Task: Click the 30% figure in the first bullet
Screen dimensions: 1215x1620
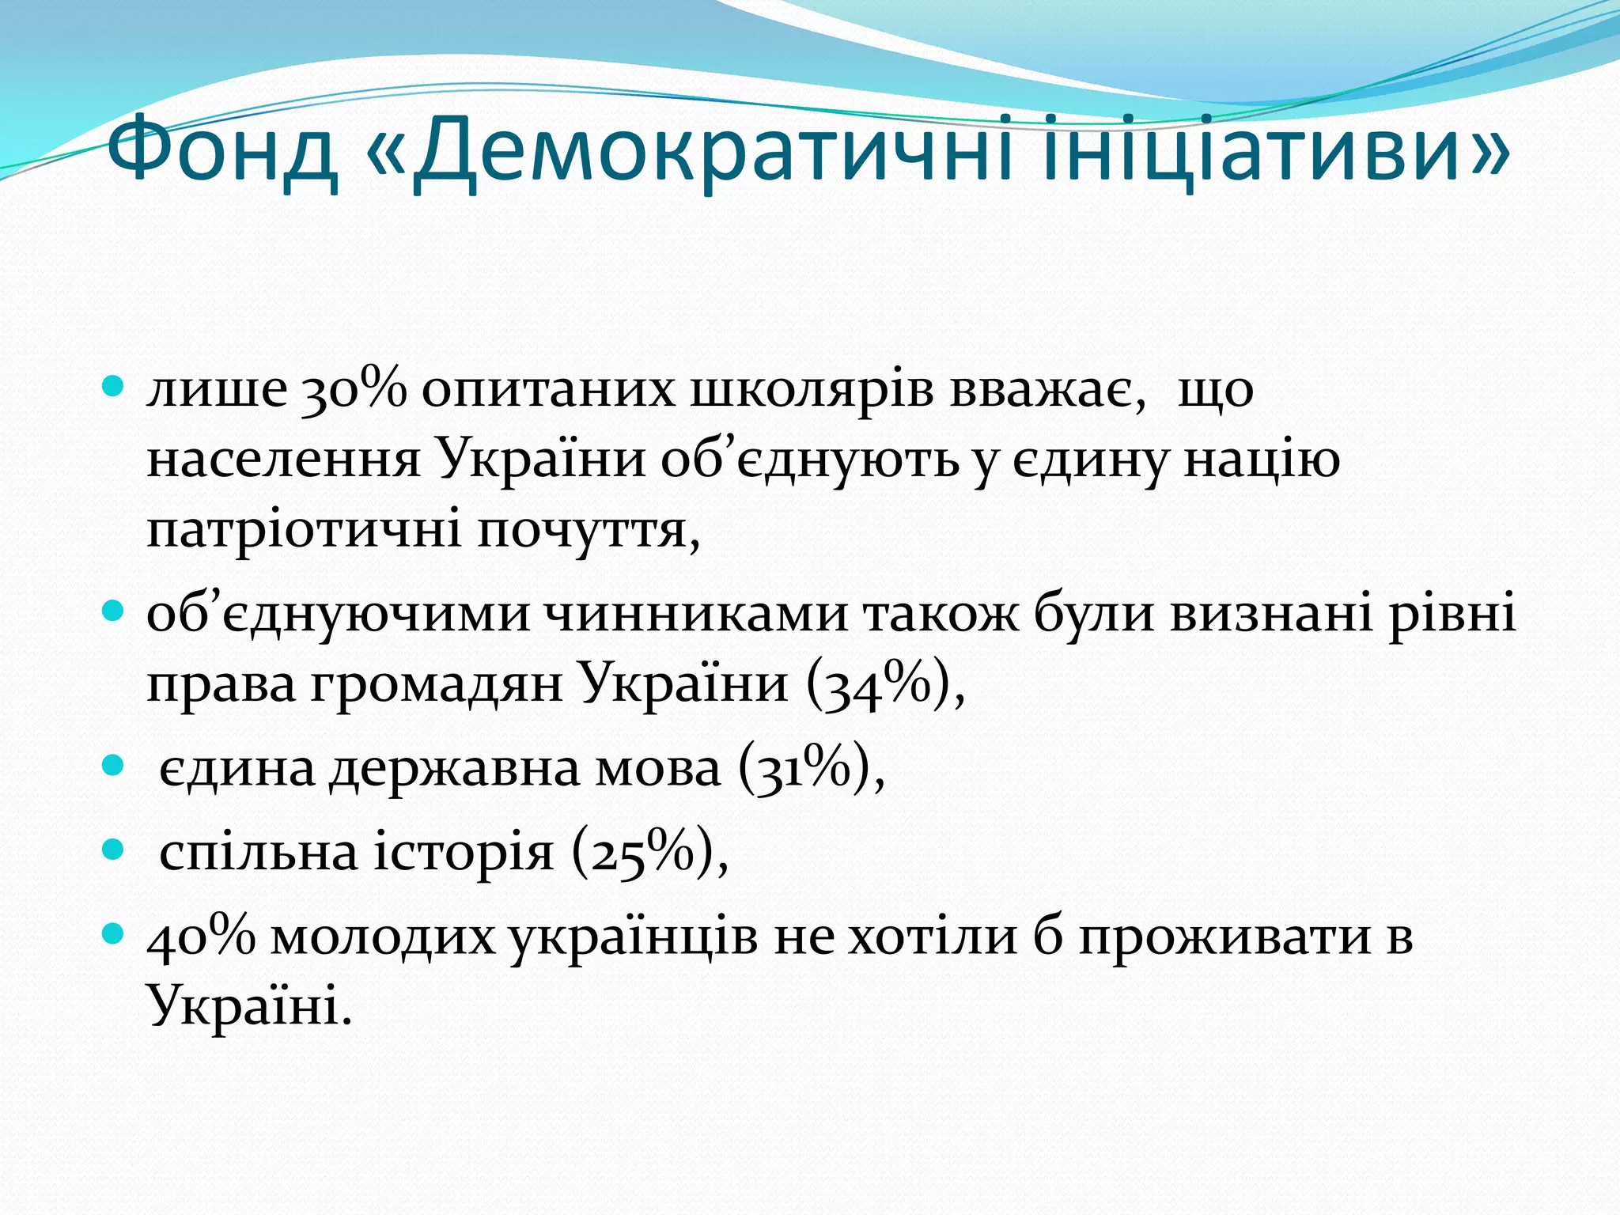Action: click(x=354, y=389)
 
